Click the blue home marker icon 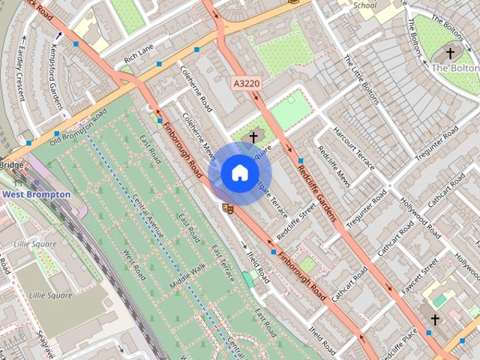(238, 172)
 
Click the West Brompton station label (36, 194)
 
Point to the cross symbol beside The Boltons (450, 53)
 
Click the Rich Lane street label (138, 54)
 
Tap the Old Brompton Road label (79, 128)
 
